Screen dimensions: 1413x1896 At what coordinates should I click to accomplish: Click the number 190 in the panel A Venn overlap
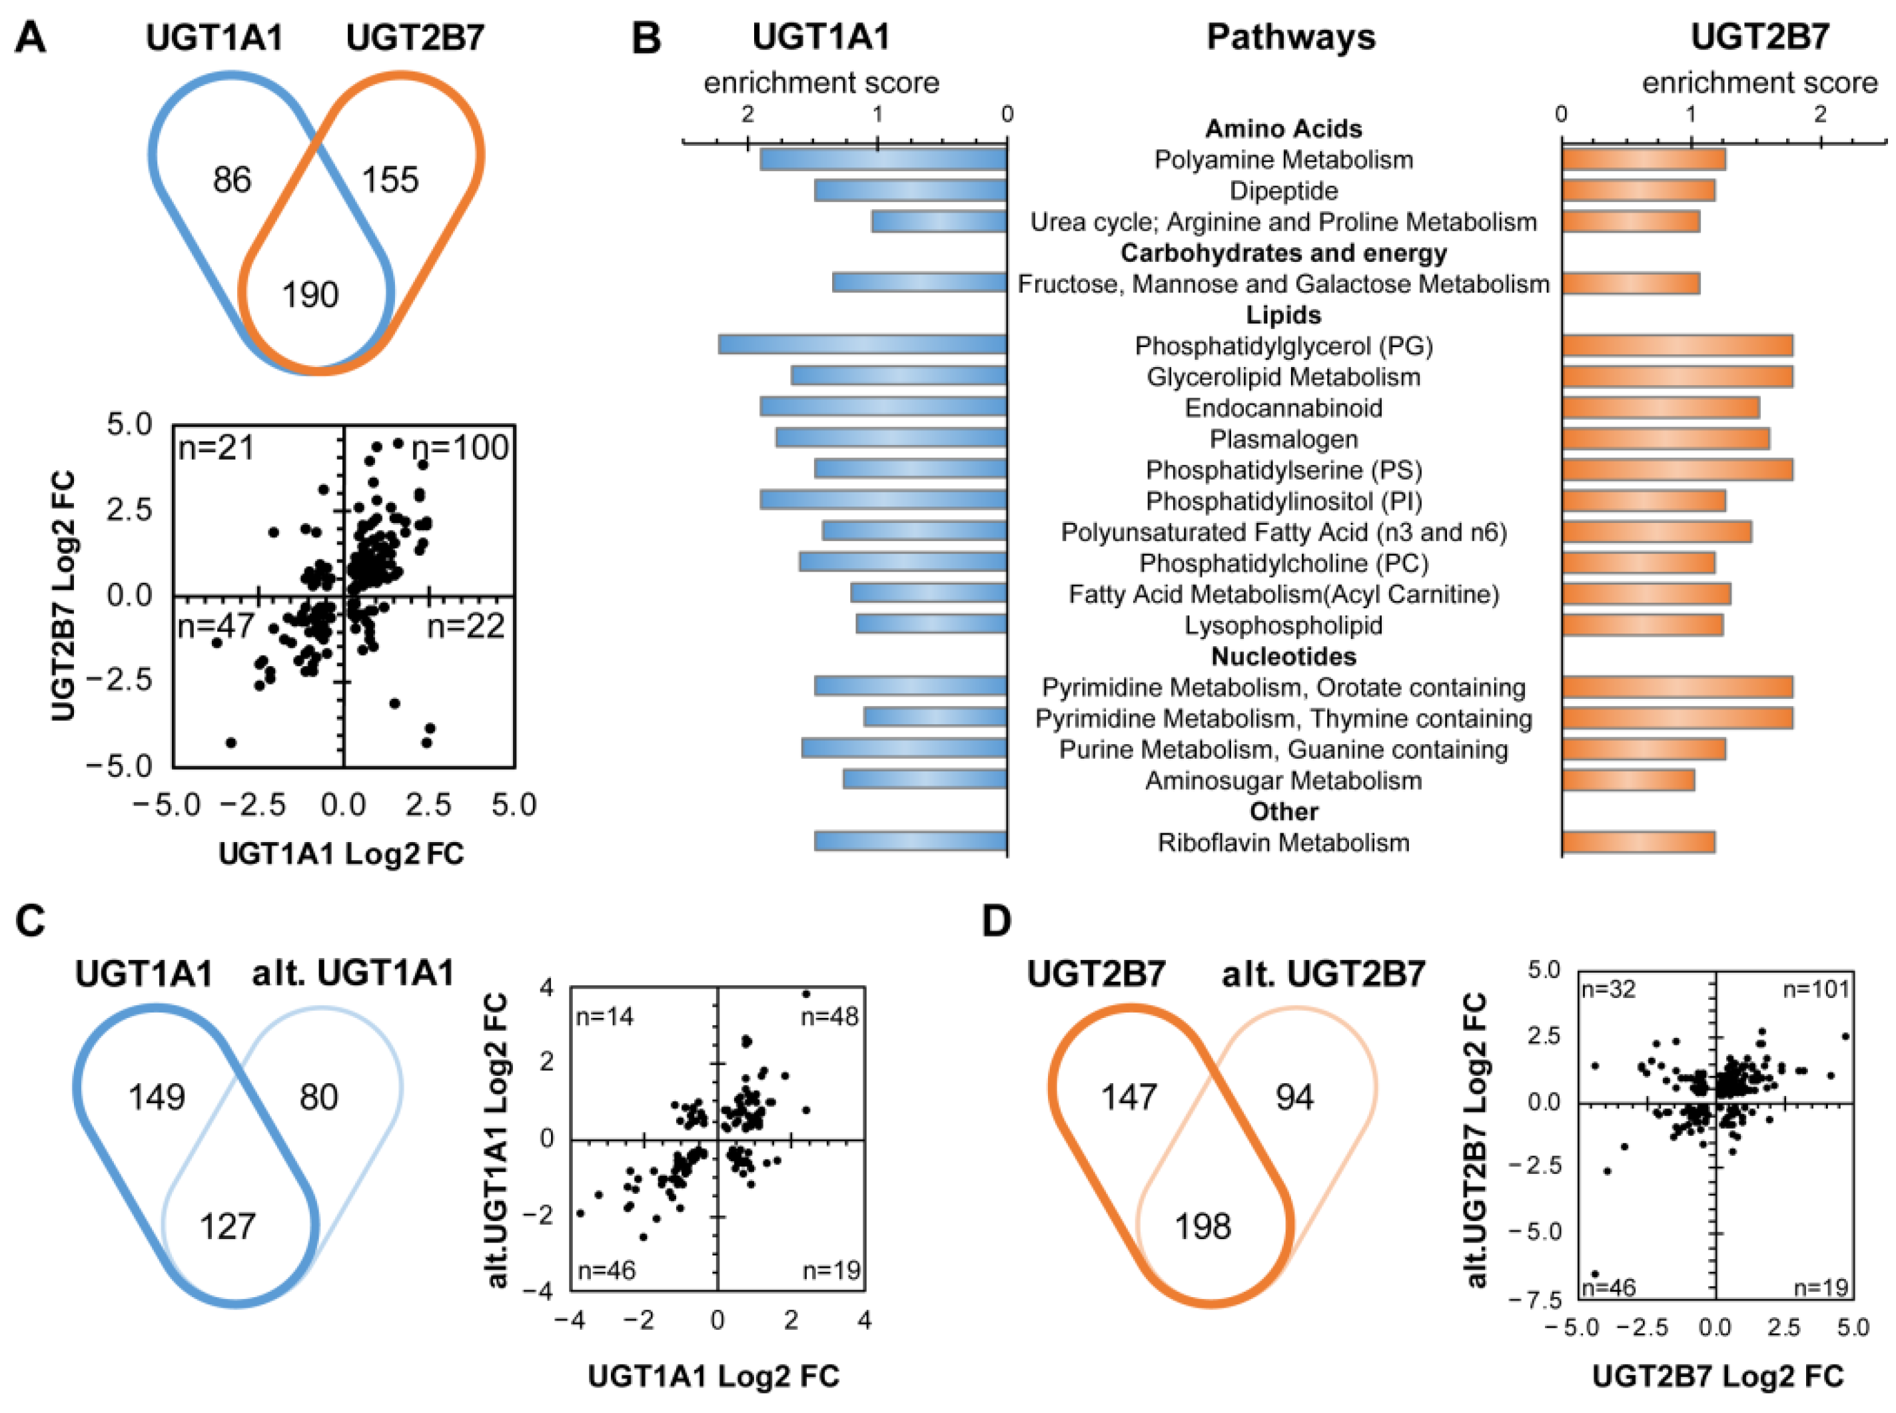(x=310, y=295)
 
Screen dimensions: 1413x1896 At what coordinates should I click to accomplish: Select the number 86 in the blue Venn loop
(x=232, y=180)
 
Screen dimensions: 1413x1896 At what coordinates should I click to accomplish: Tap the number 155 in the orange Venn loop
(x=390, y=180)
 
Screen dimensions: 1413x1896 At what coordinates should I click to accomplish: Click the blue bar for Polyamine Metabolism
(x=883, y=160)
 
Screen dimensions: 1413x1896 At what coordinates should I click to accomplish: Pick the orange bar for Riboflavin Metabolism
(x=1638, y=843)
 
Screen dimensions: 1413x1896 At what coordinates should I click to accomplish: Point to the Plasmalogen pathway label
(x=1283, y=440)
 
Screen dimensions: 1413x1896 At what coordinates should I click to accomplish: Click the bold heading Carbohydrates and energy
(x=1283, y=253)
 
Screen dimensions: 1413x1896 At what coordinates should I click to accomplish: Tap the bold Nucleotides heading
(x=1283, y=657)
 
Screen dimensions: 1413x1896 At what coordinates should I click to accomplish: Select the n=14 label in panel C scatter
(x=606, y=1017)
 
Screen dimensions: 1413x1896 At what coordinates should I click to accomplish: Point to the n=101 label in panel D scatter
(x=1815, y=989)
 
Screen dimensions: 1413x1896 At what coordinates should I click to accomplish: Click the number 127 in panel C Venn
(x=227, y=1226)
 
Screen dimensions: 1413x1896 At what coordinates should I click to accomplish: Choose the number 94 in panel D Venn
(x=1294, y=1097)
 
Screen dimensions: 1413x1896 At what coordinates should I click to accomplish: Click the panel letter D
(x=997, y=921)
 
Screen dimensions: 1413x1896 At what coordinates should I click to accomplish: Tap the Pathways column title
(x=1290, y=37)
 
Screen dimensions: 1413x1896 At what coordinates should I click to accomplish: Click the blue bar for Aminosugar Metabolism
(x=925, y=780)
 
